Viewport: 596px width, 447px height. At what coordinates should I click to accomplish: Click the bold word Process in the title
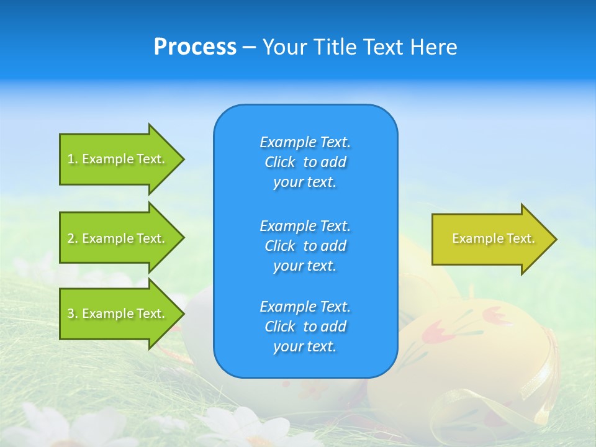[x=195, y=47]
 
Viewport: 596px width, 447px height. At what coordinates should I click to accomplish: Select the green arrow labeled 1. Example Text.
[x=118, y=159]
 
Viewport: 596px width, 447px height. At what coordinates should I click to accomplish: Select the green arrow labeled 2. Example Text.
[x=118, y=238]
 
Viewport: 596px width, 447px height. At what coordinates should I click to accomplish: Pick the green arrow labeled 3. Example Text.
[x=118, y=314]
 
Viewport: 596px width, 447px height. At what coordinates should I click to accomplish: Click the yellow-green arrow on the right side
[x=490, y=238]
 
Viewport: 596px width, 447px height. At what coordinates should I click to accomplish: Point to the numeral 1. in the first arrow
[x=72, y=159]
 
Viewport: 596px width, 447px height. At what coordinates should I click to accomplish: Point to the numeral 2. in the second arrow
[x=72, y=238]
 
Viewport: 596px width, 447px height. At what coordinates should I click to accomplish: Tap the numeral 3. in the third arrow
[x=72, y=314]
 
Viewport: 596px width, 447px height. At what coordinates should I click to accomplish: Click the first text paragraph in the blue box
[x=305, y=162]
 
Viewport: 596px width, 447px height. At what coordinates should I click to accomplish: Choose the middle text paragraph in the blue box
[x=305, y=246]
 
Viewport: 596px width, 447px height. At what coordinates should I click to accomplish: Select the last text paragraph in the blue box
[x=305, y=327]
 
